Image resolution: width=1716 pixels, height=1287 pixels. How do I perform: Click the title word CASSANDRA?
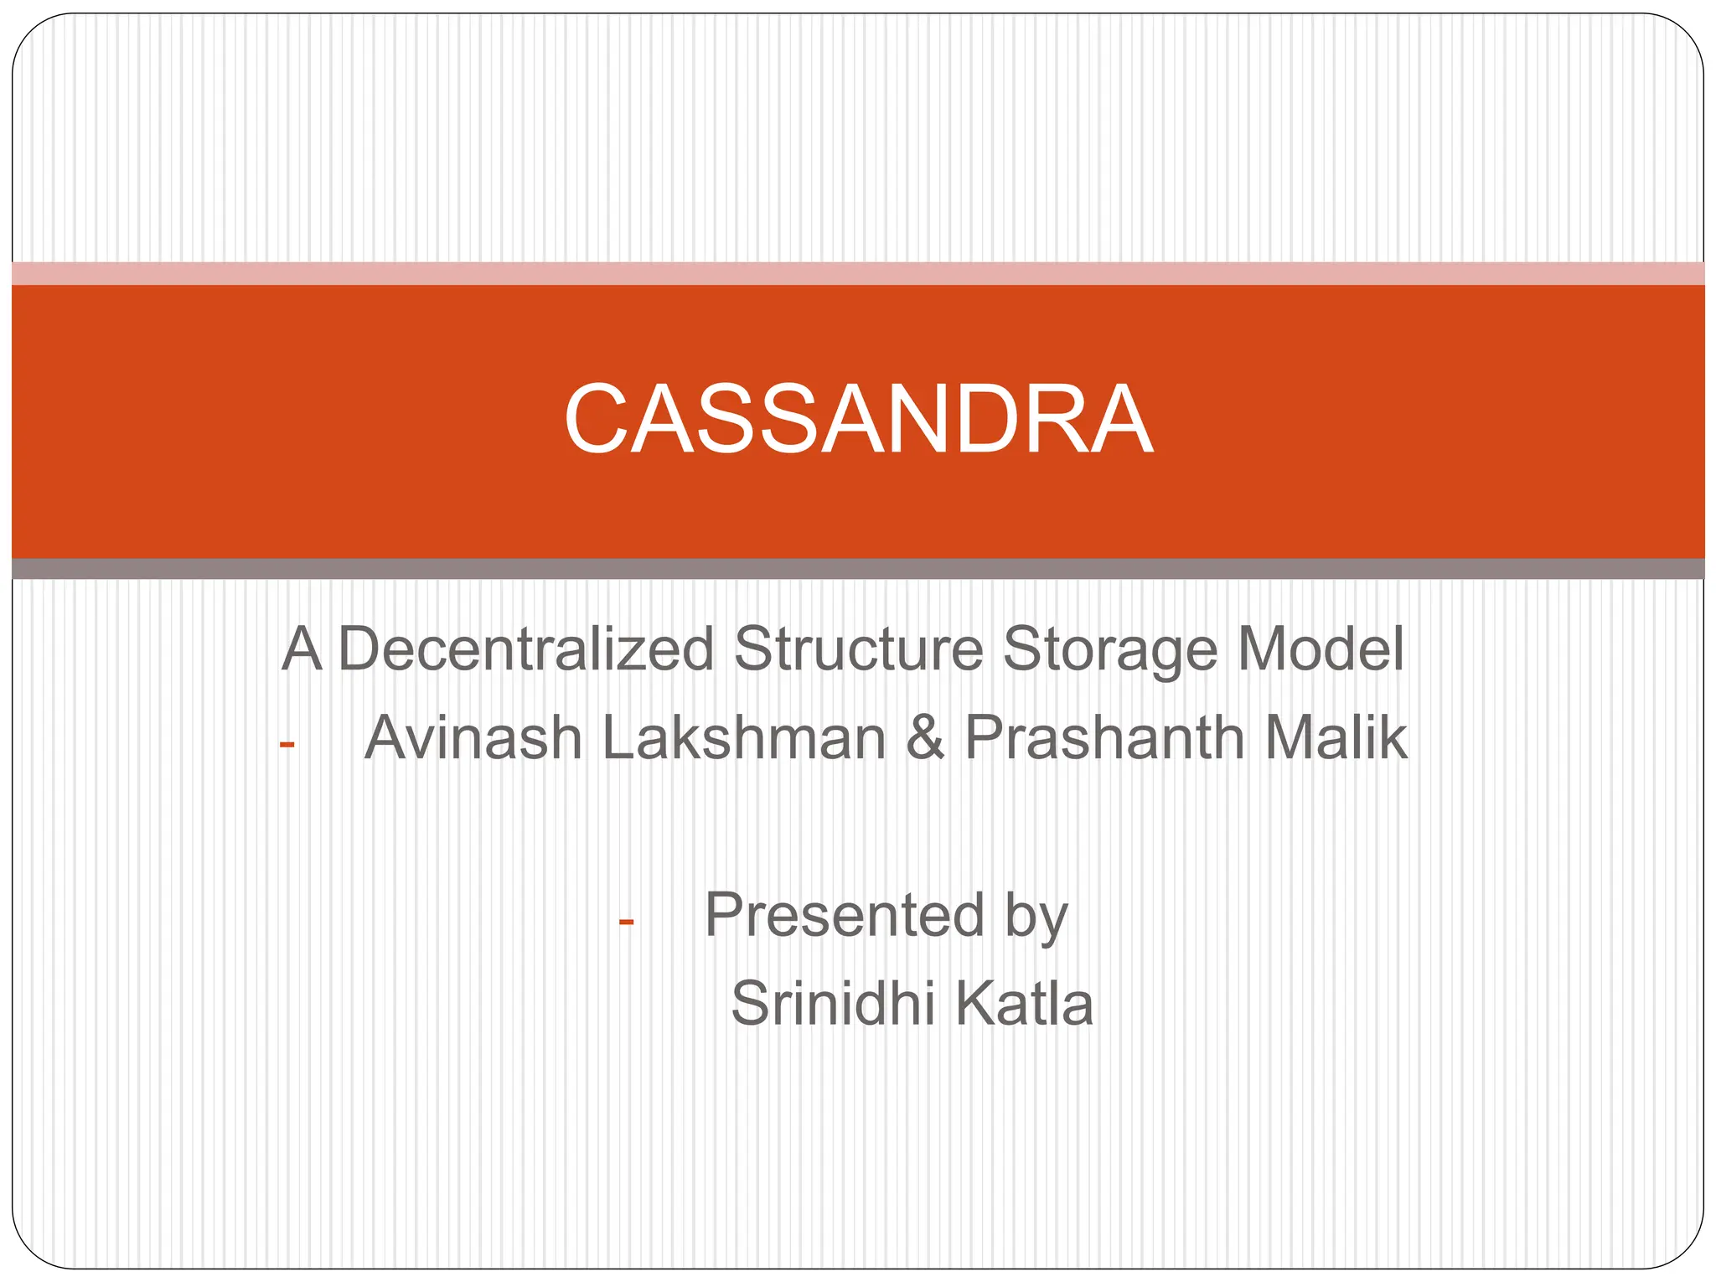[x=858, y=419]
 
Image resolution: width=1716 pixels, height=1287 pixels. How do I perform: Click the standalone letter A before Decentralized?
[x=302, y=649]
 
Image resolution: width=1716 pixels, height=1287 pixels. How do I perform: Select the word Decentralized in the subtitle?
[x=526, y=649]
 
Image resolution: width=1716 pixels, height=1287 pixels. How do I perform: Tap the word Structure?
[x=858, y=649]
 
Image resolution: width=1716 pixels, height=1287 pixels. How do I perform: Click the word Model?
[x=1321, y=649]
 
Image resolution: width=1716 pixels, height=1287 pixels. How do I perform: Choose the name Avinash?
[x=473, y=738]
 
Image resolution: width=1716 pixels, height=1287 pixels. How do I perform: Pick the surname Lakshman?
[x=743, y=738]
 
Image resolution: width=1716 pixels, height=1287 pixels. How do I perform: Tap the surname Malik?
[x=1336, y=738]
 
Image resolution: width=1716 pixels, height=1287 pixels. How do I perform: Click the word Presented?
[x=845, y=915]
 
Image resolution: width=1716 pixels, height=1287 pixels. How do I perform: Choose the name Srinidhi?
[x=832, y=1004]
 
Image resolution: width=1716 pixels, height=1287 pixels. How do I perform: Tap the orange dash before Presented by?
[x=626, y=922]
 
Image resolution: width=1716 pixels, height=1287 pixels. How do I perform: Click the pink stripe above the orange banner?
[x=858, y=273]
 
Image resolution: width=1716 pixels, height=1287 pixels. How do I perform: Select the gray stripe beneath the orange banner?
[x=858, y=568]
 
